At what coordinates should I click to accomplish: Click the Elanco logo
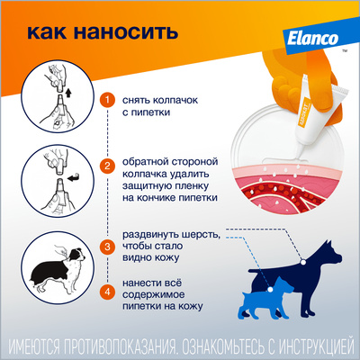tap(312, 39)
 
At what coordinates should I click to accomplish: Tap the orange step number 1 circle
tap(107, 100)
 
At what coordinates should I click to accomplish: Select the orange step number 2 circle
tap(107, 166)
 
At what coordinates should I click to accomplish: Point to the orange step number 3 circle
tap(107, 247)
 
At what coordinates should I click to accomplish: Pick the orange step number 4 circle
tap(107, 292)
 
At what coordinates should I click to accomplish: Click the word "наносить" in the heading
tap(126, 32)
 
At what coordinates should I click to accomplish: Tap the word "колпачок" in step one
tap(175, 100)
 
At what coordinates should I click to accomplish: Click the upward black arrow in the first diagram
tap(68, 93)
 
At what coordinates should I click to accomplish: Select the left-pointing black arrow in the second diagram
tap(74, 178)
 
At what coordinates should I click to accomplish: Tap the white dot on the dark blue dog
tap(303, 262)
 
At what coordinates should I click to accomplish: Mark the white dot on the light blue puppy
tap(270, 290)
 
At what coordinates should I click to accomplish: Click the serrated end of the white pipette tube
tap(340, 90)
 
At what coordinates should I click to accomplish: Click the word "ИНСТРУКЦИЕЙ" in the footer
tap(317, 346)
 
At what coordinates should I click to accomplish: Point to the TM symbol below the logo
tap(345, 51)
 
